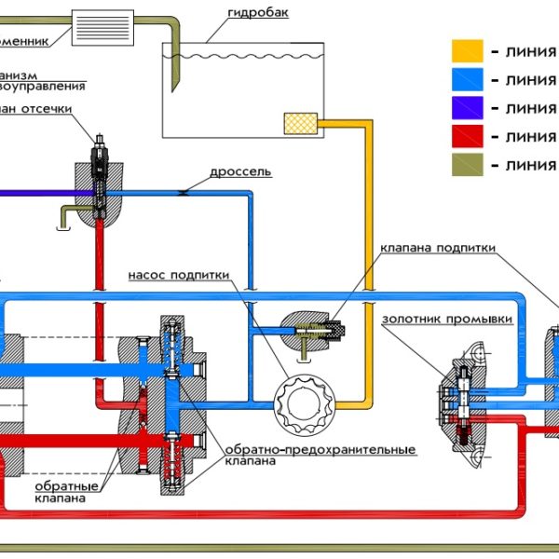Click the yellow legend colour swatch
(467, 51)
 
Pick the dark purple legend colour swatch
(467, 108)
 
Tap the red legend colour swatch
(467, 137)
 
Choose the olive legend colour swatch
(467, 166)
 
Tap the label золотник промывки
(447, 319)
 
